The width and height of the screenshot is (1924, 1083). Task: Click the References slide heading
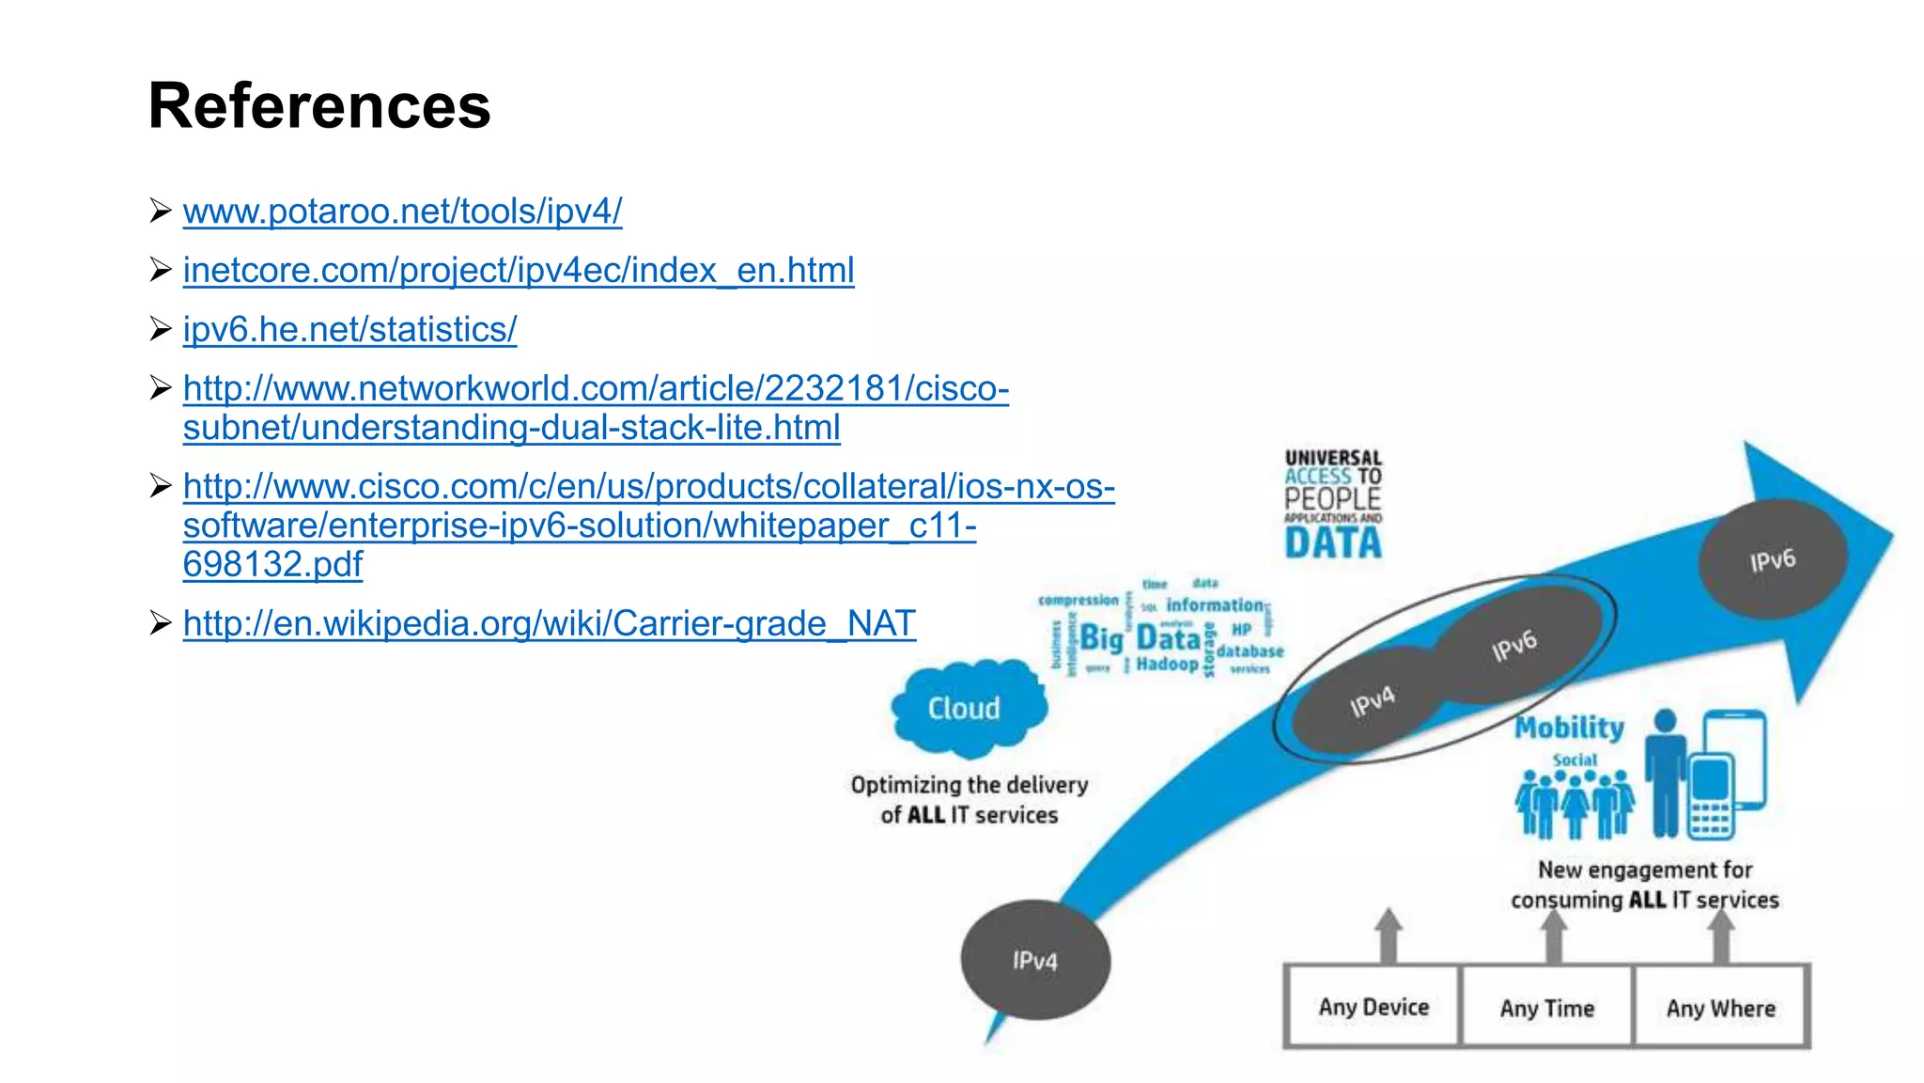[319, 105]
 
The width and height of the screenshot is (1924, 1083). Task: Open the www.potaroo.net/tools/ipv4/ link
[402, 212]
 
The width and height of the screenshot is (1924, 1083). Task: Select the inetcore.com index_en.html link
[519, 271]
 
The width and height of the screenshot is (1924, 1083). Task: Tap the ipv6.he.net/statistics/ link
[349, 330]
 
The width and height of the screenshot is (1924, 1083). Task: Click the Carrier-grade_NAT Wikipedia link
[550, 623]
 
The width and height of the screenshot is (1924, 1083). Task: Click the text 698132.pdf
[272, 564]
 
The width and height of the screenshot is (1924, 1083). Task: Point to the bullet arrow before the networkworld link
[161, 387]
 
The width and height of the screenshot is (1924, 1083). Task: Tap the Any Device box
[1373, 1007]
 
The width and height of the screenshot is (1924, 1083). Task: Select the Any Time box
[1547, 1008]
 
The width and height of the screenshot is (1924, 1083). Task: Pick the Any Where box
[1721, 1008]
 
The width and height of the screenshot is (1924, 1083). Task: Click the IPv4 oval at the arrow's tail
[1035, 960]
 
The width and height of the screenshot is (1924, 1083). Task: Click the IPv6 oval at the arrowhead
[1773, 560]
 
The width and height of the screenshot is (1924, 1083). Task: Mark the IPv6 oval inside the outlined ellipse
[1515, 645]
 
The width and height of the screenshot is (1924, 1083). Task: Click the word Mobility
[1569, 728]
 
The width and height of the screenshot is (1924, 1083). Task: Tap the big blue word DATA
[1333, 543]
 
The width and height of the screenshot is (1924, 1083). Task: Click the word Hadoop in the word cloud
[1167, 664]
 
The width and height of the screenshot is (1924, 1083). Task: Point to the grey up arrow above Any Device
[1389, 934]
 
